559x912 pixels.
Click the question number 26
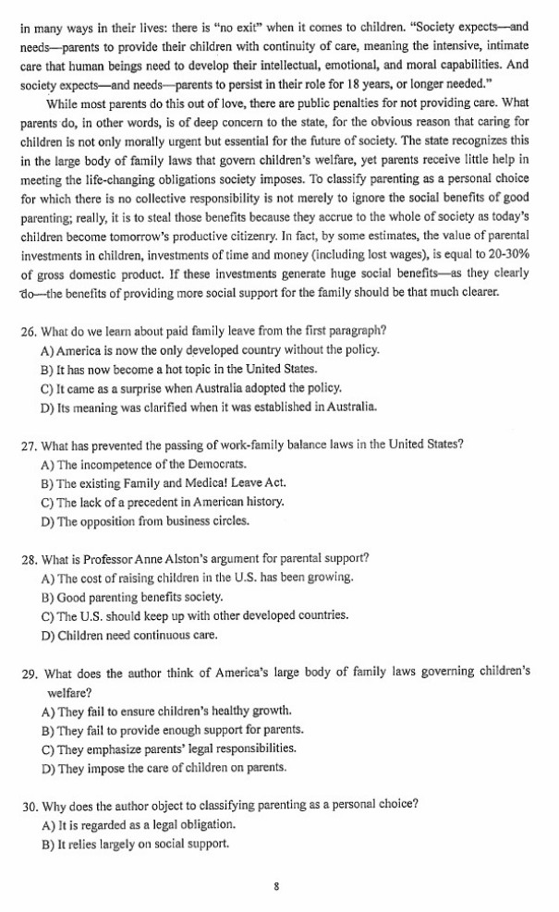28,331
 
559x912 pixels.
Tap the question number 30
28,804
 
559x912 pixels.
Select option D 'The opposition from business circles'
145,521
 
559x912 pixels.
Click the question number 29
28,672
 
